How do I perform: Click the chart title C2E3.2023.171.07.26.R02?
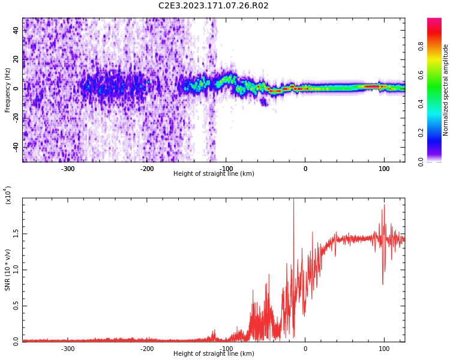click(x=214, y=6)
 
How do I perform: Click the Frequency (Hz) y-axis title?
click(x=8, y=90)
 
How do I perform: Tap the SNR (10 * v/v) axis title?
click(x=8, y=270)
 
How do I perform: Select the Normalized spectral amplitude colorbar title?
click(x=446, y=90)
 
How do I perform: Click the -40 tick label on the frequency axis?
click(x=15, y=146)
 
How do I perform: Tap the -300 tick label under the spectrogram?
click(x=68, y=169)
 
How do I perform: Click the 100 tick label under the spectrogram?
click(x=384, y=169)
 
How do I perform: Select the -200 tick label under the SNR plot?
click(x=147, y=349)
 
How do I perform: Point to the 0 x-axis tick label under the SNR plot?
click(x=305, y=349)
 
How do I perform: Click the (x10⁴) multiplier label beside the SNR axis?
click(x=8, y=195)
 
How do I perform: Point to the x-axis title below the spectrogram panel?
click(x=214, y=174)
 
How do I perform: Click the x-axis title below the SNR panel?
click(x=214, y=354)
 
